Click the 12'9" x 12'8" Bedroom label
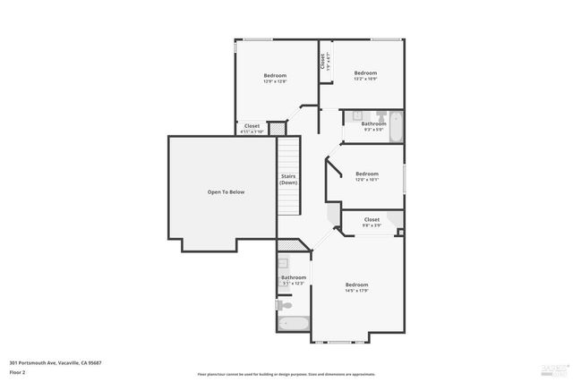coord(275,78)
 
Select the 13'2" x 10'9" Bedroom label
coord(365,75)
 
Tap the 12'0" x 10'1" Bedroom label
coord(367,176)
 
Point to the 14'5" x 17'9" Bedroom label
coord(357,287)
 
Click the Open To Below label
coord(226,191)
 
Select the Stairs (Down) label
coord(288,179)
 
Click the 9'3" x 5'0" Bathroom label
coord(372,126)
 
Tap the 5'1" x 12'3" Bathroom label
coord(294,280)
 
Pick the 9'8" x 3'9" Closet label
coord(372,222)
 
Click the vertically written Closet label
coord(322,62)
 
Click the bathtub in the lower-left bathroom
coord(293,325)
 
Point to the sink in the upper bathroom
coord(356,115)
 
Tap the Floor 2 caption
coord(19,371)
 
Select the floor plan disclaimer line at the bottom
coord(286,373)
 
